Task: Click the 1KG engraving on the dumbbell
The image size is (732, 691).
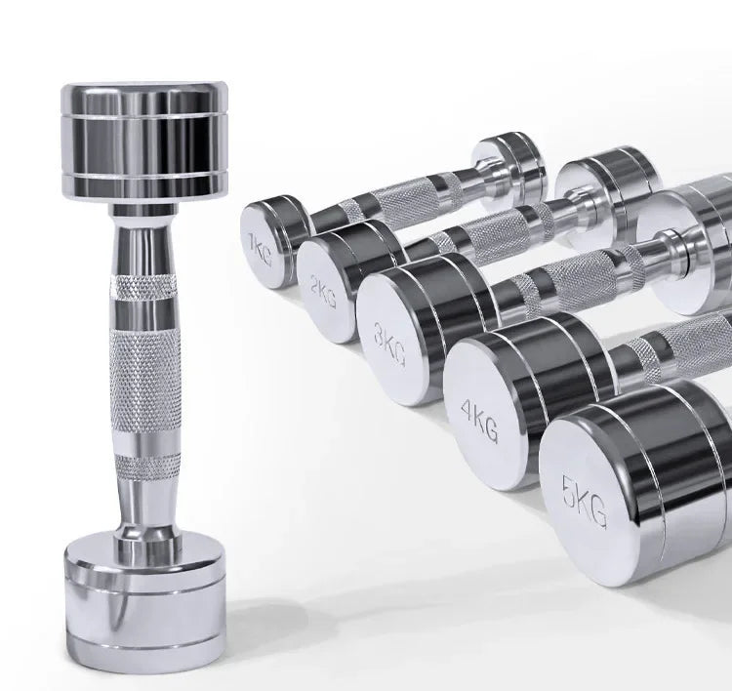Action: point(260,250)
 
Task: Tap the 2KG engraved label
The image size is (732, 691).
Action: point(323,291)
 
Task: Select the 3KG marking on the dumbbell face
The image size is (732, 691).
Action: point(389,344)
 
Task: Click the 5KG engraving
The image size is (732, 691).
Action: point(585,502)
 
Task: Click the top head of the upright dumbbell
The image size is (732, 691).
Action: point(144,142)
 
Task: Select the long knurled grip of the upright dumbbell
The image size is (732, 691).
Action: point(145,380)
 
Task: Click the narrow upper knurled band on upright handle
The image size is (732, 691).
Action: point(143,287)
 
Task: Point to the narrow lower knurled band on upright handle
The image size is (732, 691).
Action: point(147,467)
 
